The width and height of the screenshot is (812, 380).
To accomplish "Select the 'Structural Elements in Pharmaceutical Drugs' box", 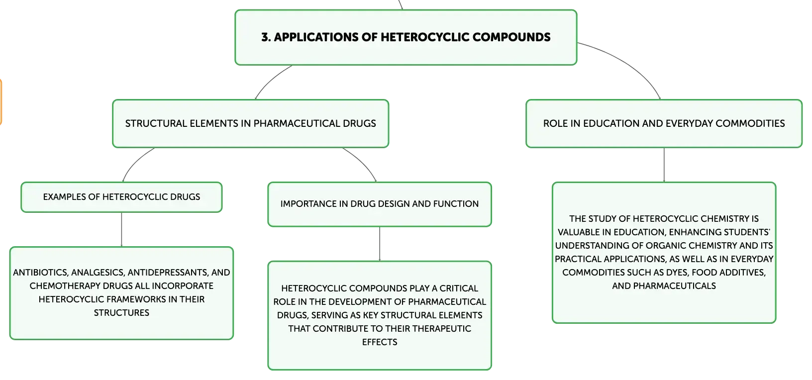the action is pos(250,123).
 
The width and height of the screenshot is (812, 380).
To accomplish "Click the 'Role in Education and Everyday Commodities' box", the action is pos(664,123).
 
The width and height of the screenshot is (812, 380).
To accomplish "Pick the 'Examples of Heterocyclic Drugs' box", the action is pos(121,197).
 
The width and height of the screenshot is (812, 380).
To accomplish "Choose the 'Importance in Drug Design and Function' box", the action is pos(380,204).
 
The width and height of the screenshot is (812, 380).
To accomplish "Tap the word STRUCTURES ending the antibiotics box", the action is pos(121,313).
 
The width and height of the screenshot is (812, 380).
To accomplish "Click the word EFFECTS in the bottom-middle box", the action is pos(380,342).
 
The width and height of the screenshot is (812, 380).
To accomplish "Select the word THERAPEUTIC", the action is pos(441,329).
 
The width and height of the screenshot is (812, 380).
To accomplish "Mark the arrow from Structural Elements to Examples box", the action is pos(135,162).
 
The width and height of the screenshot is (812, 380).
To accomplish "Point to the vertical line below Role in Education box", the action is pos(664,165).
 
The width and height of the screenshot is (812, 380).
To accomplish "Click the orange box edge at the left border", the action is pos(1,102).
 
